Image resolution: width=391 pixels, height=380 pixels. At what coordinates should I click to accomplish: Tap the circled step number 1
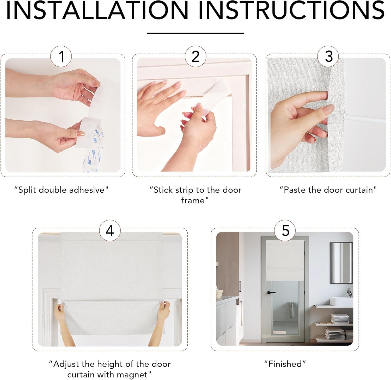click(61, 56)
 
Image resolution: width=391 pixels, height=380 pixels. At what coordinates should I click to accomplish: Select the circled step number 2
click(195, 56)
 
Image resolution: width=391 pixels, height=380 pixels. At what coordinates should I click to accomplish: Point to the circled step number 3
click(329, 56)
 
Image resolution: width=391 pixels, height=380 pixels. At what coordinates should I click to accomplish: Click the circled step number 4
click(110, 231)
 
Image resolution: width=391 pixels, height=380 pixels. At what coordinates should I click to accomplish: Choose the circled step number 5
click(286, 231)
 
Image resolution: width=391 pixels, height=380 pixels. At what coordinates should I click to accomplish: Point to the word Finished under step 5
click(285, 364)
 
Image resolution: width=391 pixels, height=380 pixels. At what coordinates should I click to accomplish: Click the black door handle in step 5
click(271, 293)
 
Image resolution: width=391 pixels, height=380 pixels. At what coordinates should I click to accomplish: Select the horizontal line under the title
click(195, 33)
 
